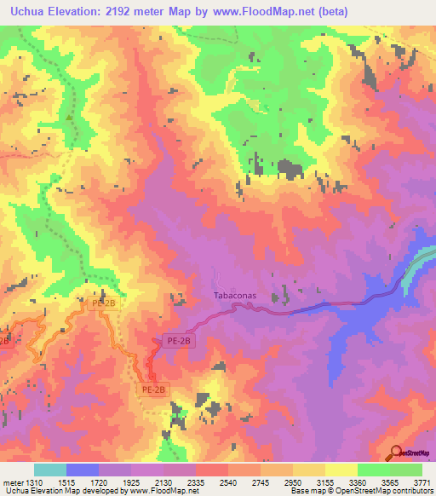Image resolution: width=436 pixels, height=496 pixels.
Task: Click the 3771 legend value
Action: coord(422,482)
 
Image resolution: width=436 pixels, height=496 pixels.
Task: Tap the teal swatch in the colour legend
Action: coord(49,470)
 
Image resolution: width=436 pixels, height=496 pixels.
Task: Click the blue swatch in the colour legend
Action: coord(82,470)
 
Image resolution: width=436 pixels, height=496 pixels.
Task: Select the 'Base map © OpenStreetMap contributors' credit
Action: coord(361,492)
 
